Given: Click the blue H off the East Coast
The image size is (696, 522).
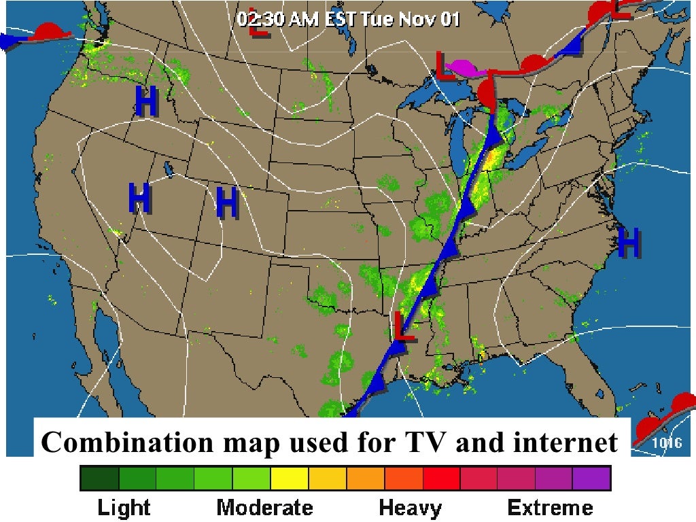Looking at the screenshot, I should tap(629, 243).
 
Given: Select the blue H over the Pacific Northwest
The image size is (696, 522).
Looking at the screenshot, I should tap(146, 102).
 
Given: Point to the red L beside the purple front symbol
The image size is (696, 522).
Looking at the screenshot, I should tap(446, 67).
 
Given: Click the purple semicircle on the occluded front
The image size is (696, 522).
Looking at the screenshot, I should tap(464, 67).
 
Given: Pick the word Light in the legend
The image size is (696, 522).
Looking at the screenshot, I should tap(124, 507).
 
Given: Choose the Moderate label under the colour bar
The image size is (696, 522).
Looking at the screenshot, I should tap(264, 507).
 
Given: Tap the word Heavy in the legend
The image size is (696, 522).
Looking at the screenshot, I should tap(410, 507).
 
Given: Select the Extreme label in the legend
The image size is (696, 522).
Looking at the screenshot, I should tap(550, 507).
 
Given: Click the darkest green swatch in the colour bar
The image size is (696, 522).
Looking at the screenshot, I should tap(99, 478).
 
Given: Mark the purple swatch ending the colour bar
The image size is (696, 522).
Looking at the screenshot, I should tap(591, 478).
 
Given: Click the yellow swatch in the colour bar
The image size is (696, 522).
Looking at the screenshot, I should tap(289, 478).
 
